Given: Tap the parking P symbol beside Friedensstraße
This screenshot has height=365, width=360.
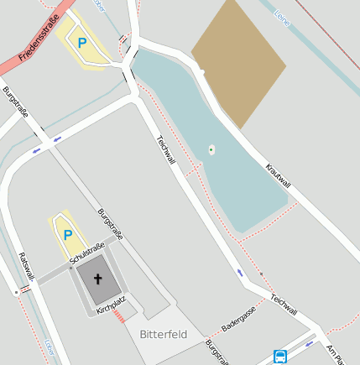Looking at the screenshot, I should [x=82, y=43].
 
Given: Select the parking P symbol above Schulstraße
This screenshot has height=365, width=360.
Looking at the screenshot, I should [x=68, y=236].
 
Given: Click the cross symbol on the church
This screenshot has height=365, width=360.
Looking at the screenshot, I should [x=97, y=279].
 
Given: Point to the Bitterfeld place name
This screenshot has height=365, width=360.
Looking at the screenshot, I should [x=164, y=334].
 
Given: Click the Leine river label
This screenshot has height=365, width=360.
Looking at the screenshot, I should [x=281, y=17].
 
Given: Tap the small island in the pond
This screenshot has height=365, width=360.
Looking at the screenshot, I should [x=211, y=151].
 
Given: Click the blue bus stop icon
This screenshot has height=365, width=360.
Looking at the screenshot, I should [x=280, y=356].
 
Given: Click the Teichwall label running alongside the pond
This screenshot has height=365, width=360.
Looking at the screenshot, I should [x=165, y=149].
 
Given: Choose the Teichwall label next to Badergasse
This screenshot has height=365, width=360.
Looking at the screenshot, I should [x=284, y=304].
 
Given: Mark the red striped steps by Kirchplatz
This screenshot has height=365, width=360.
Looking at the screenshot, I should [x=119, y=316].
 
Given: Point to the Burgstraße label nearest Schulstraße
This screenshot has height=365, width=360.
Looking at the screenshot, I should [x=110, y=224].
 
